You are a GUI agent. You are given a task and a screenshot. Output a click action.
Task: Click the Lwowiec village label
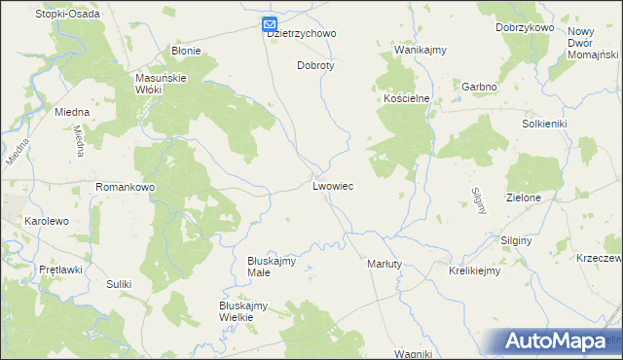pos(333,185)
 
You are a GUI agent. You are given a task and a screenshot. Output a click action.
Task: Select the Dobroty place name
pos(314,66)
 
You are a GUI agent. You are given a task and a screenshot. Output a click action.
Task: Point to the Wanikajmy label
pos(419,49)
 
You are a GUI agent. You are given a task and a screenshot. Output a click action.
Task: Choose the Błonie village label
pos(186,51)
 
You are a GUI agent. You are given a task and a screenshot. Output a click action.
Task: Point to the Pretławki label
pos(59,269)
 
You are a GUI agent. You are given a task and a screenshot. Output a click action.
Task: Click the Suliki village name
pos(119,284)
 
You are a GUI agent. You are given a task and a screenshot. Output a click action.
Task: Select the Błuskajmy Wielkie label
pos(243,310)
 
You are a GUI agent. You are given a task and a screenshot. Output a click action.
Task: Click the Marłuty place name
pos(385,264)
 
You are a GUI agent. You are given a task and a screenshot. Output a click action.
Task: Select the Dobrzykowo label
pos(524,27)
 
